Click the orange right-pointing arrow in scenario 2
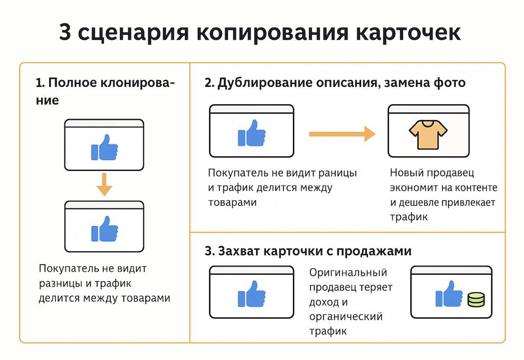(x=342, y=134)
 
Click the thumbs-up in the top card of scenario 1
(x=104, y=148)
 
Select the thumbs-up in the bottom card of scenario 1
(x=104, y=229)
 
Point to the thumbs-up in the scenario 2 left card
(x=251, y=133)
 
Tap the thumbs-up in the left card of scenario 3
(x=251, y=294)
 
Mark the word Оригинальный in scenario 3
(x=348, y=273)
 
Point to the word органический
(x=346, y=317)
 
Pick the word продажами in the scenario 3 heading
(x=380, y=252)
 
